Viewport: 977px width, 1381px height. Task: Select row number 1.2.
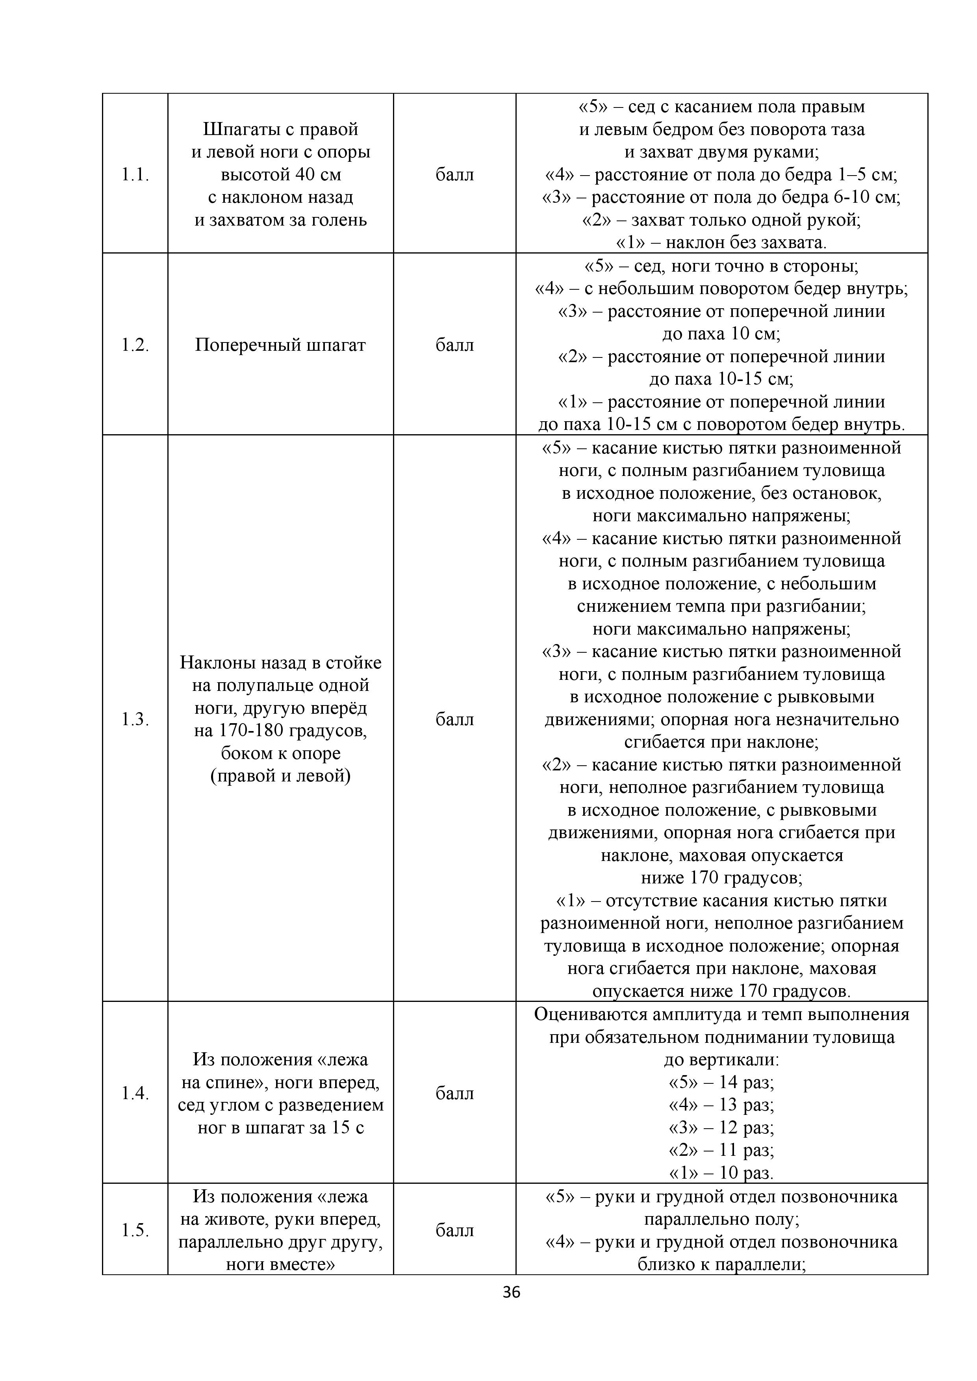pyautogui.click(x=135, y=345)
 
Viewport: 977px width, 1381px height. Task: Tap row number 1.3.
pyautogui.click(x=135, y=719)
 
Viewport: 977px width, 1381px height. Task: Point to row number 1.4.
pyautogui.click(x=135, y=1093)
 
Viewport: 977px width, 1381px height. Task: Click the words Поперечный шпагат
pyautogui.click(x=280, y=345)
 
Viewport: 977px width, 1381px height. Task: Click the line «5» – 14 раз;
pyautogui.click(x=721, y=1082)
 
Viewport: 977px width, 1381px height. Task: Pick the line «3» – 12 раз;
pyautogui.click(x=721, y=1127)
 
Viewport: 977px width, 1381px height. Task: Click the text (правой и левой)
pyautogui.click(x=280, y=776)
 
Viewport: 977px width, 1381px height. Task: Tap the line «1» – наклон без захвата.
pyautogui.click(x=721, y=243)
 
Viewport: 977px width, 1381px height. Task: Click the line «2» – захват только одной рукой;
pyautogui.click(x=721, y=220)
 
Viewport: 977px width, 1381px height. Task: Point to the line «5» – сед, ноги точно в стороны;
pyautogui.click(x=721, y=266)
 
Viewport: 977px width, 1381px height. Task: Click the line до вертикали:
pyautogui.click(x=721, y=1059)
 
